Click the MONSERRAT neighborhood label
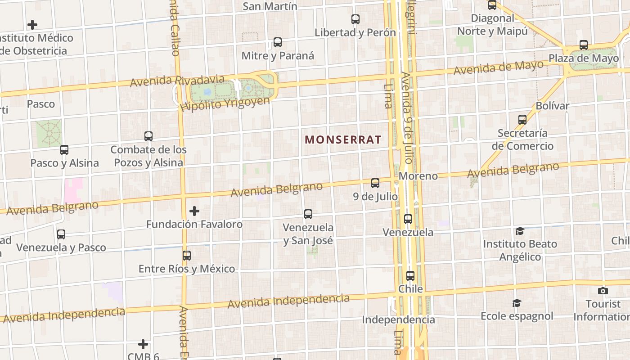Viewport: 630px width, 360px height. [x=343, y=139]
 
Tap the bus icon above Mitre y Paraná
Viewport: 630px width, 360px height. [x=278, y=43]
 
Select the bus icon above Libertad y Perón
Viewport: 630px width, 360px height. [x=355, y=19]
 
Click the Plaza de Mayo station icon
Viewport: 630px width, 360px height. [x=584, y=45]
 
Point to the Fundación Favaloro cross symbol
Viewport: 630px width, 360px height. [x=194, y=211]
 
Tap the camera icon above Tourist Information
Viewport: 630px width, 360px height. [x=603, y=291]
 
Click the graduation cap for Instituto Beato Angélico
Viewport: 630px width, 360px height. [x=520, y=231]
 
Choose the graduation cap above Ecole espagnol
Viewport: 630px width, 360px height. [x=517, y=303]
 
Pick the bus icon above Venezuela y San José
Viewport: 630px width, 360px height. [x=308, y=214]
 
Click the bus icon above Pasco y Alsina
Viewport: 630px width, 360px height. [x=64, y=150]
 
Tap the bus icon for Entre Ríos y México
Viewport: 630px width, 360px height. [x=187, y=256]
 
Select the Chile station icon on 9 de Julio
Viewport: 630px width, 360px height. [x=410, y=276]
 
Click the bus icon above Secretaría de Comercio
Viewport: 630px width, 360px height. [x=522, y=120]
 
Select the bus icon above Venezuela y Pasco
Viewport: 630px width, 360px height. [x=61, y=234]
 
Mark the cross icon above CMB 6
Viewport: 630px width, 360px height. [x=143, y=344]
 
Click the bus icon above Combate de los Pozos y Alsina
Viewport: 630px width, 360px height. [x=148, y=136]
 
